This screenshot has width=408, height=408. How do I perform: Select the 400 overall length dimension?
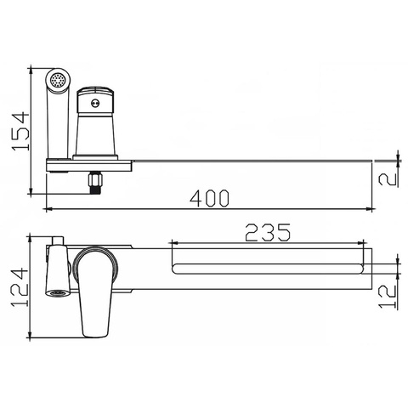click(x=210, y=198)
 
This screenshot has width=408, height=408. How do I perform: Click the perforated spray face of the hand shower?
click(x=59, y=82)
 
